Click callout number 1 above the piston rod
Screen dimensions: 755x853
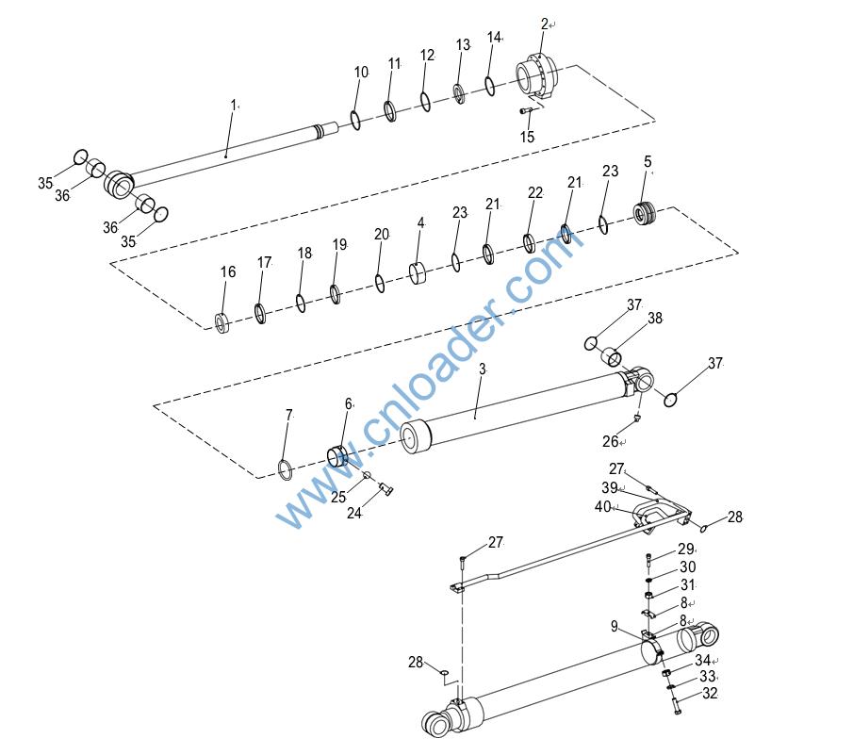point(234,105)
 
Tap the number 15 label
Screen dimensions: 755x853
point(527,137)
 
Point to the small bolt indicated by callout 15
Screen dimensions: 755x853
point(527,110)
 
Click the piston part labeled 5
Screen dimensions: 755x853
point(645,214)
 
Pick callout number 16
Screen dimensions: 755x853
point(228,272)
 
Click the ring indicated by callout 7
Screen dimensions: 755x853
point(286,468)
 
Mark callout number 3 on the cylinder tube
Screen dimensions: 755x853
point(482,369)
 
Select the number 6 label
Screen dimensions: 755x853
point(348,403)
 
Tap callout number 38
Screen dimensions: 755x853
point(655,319)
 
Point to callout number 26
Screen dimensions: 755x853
point(610,441)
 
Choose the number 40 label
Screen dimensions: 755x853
point(603,507)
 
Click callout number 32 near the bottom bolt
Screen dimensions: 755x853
point(710,694)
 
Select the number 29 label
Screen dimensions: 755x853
point(685,549)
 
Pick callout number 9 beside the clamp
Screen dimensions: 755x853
point(614,626)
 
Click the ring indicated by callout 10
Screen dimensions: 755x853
point(355,121)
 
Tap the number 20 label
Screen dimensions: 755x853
point(381,234)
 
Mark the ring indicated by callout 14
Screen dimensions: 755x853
point(490,86)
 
